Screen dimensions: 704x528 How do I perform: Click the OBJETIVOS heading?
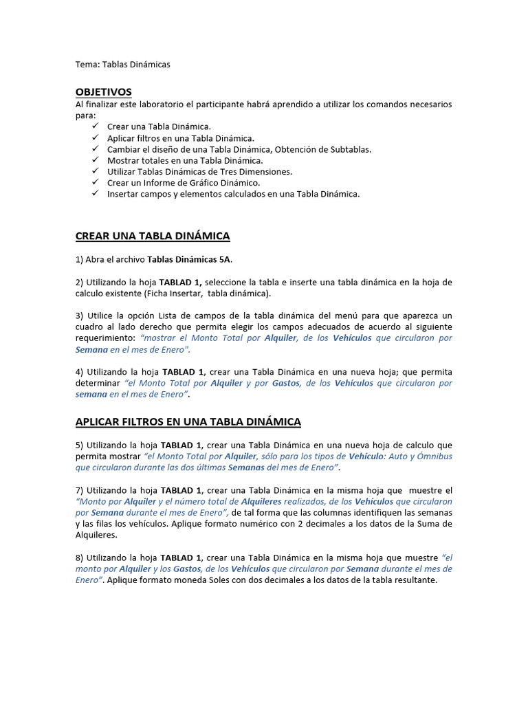click(103, 92)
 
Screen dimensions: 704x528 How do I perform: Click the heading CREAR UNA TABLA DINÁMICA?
click(152, 236)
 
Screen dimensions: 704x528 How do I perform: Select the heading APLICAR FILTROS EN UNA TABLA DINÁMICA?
click(188, 421)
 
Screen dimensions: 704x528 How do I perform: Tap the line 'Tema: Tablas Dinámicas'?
click(122, 64)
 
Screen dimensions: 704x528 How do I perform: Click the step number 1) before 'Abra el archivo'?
click(79, 259)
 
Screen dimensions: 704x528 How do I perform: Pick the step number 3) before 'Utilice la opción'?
click(79, 316)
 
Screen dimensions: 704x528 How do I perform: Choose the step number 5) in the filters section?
click(79, 445)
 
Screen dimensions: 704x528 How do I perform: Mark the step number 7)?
click(79, 490)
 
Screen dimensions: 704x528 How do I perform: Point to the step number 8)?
click(79, 558)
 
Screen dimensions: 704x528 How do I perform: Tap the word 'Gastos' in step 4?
click(286, 383)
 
